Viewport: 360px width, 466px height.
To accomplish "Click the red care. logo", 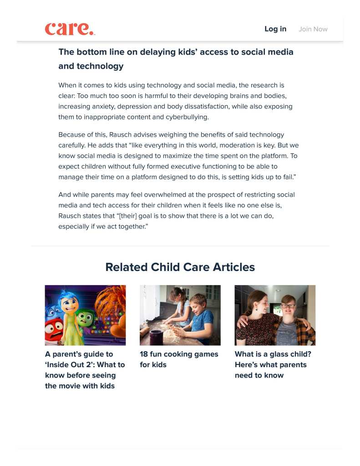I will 70,29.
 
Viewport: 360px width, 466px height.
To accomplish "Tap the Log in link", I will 275,29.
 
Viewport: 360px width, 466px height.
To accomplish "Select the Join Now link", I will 313,29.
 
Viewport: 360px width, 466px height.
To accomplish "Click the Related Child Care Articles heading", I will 180,267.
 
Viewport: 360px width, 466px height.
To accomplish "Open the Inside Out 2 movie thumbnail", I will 85,315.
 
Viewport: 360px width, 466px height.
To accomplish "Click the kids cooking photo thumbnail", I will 180,315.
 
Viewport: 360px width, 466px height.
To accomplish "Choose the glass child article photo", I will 275,315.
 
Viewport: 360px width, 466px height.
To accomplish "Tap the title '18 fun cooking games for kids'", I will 179,359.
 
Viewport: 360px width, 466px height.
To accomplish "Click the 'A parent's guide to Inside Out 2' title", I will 85,370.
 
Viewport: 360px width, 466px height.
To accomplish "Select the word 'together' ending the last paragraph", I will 131,226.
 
